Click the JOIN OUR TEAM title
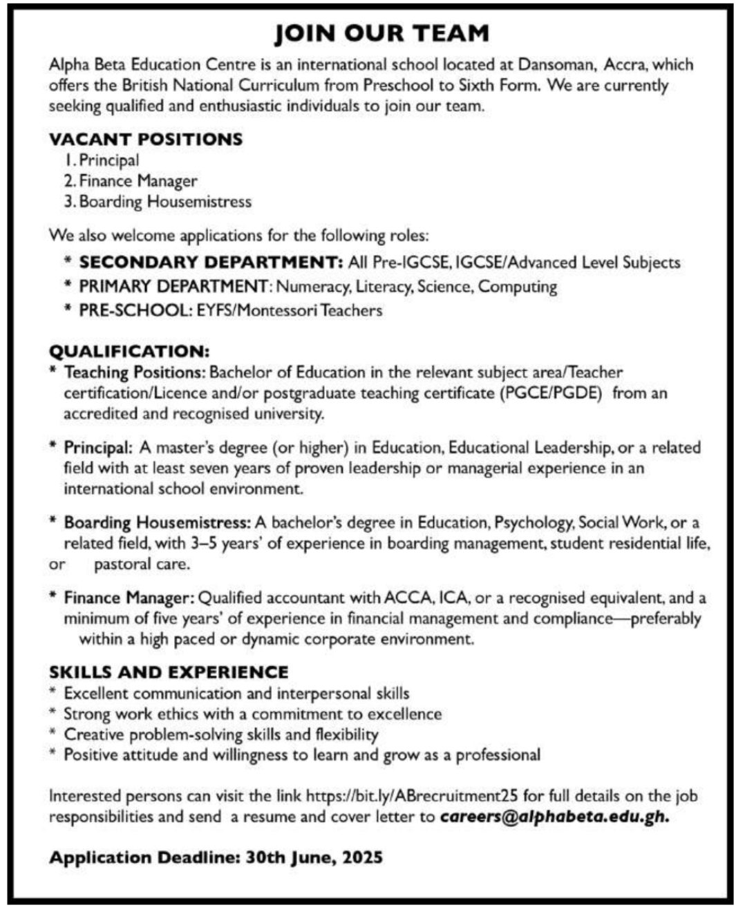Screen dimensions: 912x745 [381, 33]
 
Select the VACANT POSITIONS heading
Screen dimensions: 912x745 [146, 139]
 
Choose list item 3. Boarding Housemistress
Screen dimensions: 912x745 [158, 202]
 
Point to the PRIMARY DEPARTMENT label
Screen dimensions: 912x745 [173, 286]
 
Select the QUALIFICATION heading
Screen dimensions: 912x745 [129, 351]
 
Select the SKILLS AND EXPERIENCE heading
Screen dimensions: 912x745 [169, 672]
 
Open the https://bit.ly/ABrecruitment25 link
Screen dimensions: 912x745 [412, 796]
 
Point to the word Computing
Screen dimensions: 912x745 [518, 286]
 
